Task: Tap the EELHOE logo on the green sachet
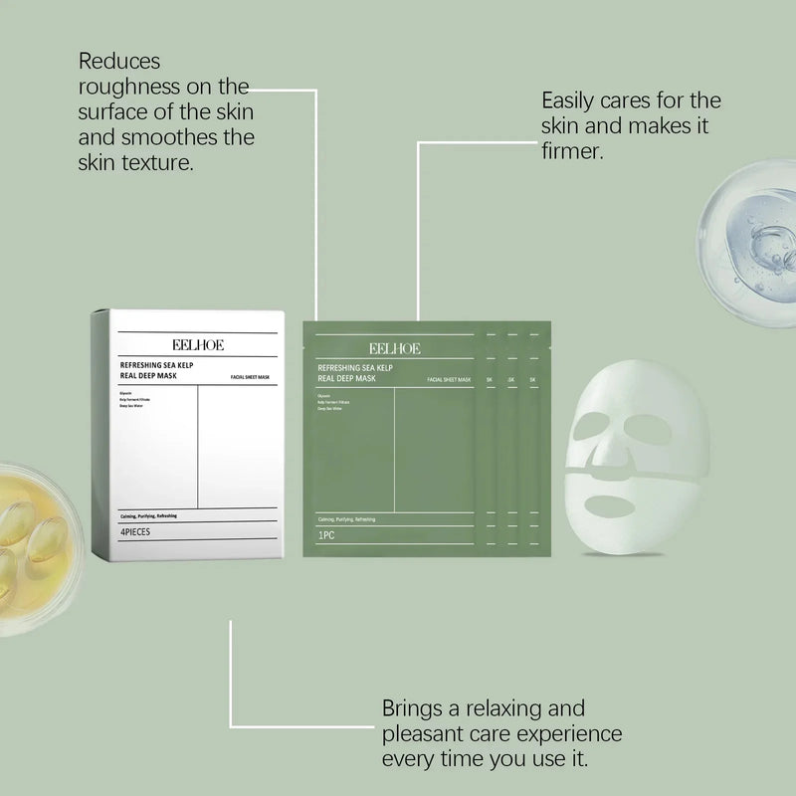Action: [x=394, y=348]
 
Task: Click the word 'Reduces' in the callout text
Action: [x=118, y=62]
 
